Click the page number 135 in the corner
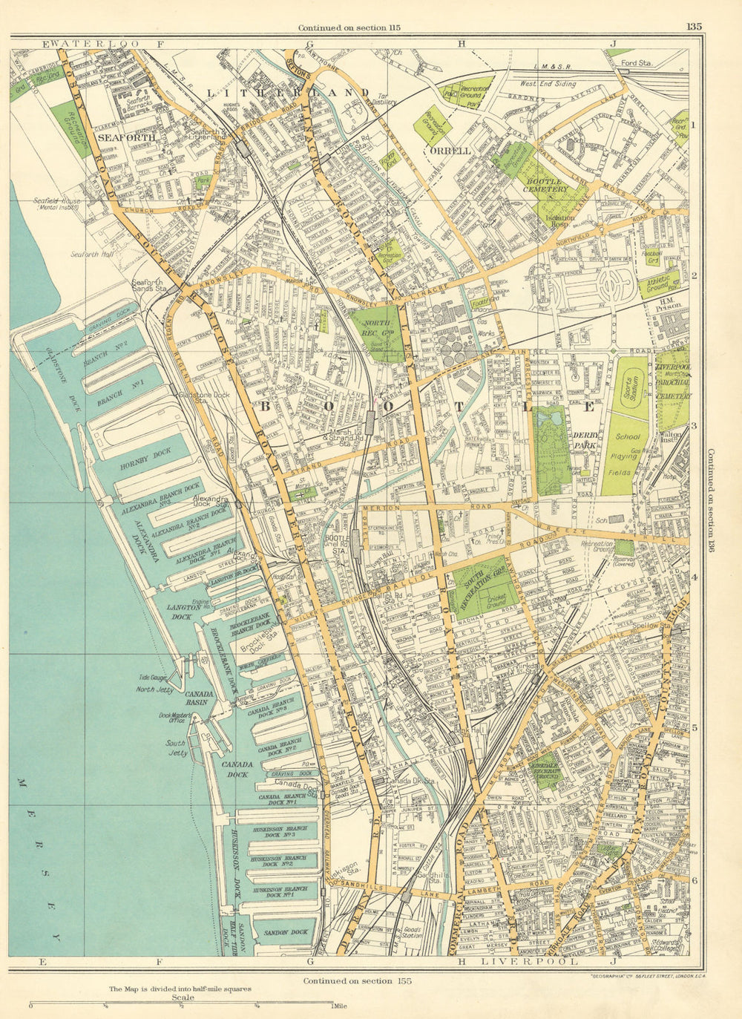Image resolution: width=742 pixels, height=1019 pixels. pos(694,27)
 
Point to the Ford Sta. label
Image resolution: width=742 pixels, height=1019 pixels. pos(637,64)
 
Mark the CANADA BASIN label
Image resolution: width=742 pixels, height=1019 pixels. pos(200,698)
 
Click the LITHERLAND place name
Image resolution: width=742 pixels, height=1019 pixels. pos(288,93)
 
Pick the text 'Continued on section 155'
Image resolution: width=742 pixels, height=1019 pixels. pos(356,980)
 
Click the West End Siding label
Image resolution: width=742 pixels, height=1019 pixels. pos(548,85)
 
